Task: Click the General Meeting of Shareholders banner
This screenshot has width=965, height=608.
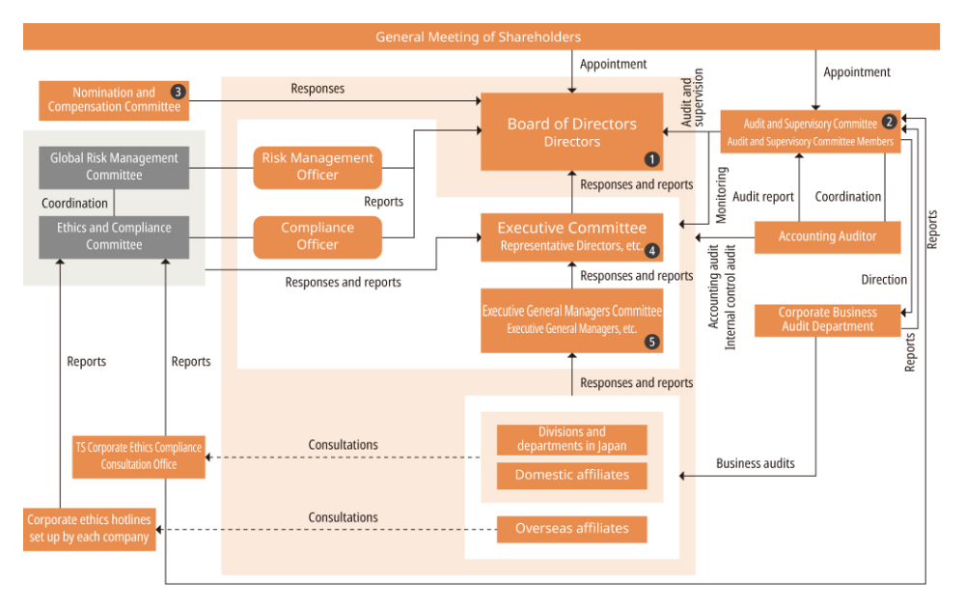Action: [x=480, y=37]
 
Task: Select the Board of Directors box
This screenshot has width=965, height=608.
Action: [x=571, y=132]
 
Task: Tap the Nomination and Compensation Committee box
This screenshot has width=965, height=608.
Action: [x=113, y=100]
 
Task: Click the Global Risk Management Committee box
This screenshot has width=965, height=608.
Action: [x=114, y=166]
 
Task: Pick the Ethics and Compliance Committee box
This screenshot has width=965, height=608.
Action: [x=114, y=236]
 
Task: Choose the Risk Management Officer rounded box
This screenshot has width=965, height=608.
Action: [x=317, y=166]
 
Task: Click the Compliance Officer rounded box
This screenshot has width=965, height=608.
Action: [x=317, y=236]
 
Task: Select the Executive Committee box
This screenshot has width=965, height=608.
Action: [x=571, y=236]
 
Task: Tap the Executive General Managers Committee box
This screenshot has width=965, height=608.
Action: [x=571, y=319]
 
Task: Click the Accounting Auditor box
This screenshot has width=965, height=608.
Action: [x=827, y=236]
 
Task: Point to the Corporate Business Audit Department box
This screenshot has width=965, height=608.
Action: [x=827, y=319]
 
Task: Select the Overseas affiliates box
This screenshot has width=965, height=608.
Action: [x=571, y=529]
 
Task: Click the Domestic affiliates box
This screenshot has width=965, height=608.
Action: [x=571, y=475]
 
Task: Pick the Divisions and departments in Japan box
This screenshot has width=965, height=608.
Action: [x=571, y=439]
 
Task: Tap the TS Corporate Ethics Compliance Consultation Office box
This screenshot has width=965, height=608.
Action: [x=139, y=456]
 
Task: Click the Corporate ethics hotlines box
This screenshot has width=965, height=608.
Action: [x=89, y=528]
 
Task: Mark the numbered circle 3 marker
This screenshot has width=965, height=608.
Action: [x=178, y=92]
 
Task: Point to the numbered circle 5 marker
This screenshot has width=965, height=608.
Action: [x=652, y=342]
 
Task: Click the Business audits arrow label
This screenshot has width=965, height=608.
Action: [x=755, y=463]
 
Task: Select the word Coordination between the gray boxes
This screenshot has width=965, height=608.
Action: [x=74, y=204]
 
